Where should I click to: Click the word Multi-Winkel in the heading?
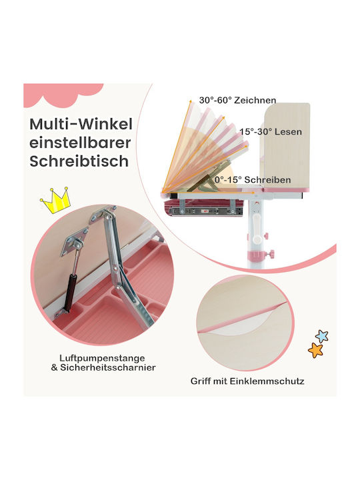click(x=81, y=124)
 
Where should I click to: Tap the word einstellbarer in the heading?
click(x=80, y=143)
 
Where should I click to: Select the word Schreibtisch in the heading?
click(x=79, y=161)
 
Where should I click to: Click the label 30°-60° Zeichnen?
click(x=237, y=100)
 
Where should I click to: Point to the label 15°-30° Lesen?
click(x=271, y=131)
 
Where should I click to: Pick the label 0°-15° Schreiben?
click(x=253, y=180)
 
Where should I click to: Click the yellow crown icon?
click(x=56, y=201)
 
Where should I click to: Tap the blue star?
click(x=322, y=336)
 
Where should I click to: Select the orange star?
click(x=315, y=350)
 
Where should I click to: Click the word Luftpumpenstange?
click(x=102, y=358)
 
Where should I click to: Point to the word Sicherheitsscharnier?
click(x=108, y=367)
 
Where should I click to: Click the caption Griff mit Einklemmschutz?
click(x=247, y=381)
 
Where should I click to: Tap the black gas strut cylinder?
click(x=70, y=293)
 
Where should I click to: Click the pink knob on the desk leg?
click(x=270, y=254)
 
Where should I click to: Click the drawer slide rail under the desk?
click(x=206, y=211)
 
